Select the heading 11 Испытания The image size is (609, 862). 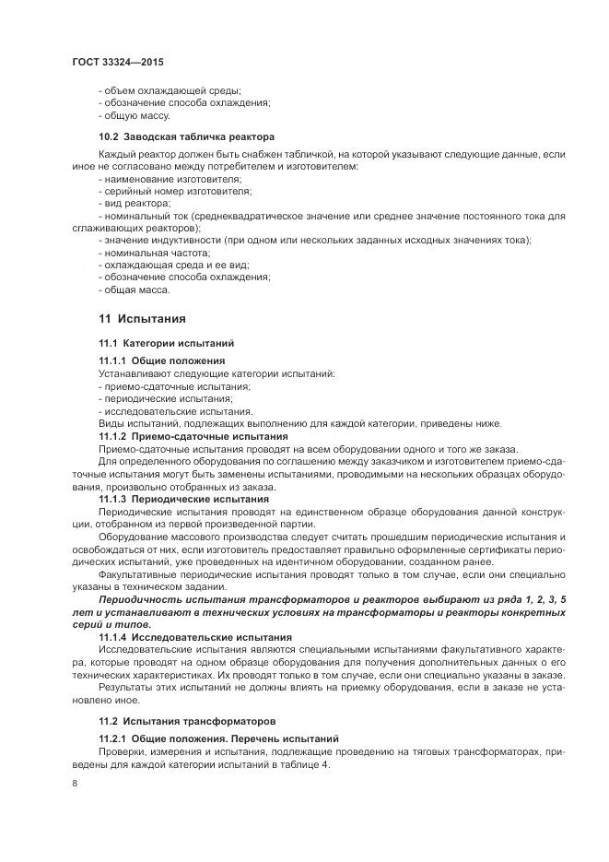[x=142, y=319]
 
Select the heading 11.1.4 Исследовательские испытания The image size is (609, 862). [x=194, y=637]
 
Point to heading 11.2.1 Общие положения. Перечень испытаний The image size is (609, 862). [x=219, y=739]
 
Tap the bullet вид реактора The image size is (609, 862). [x=135, y=202]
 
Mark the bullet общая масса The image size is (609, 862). [x=134, y=289]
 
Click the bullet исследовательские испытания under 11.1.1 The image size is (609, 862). [x=174, y=410]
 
